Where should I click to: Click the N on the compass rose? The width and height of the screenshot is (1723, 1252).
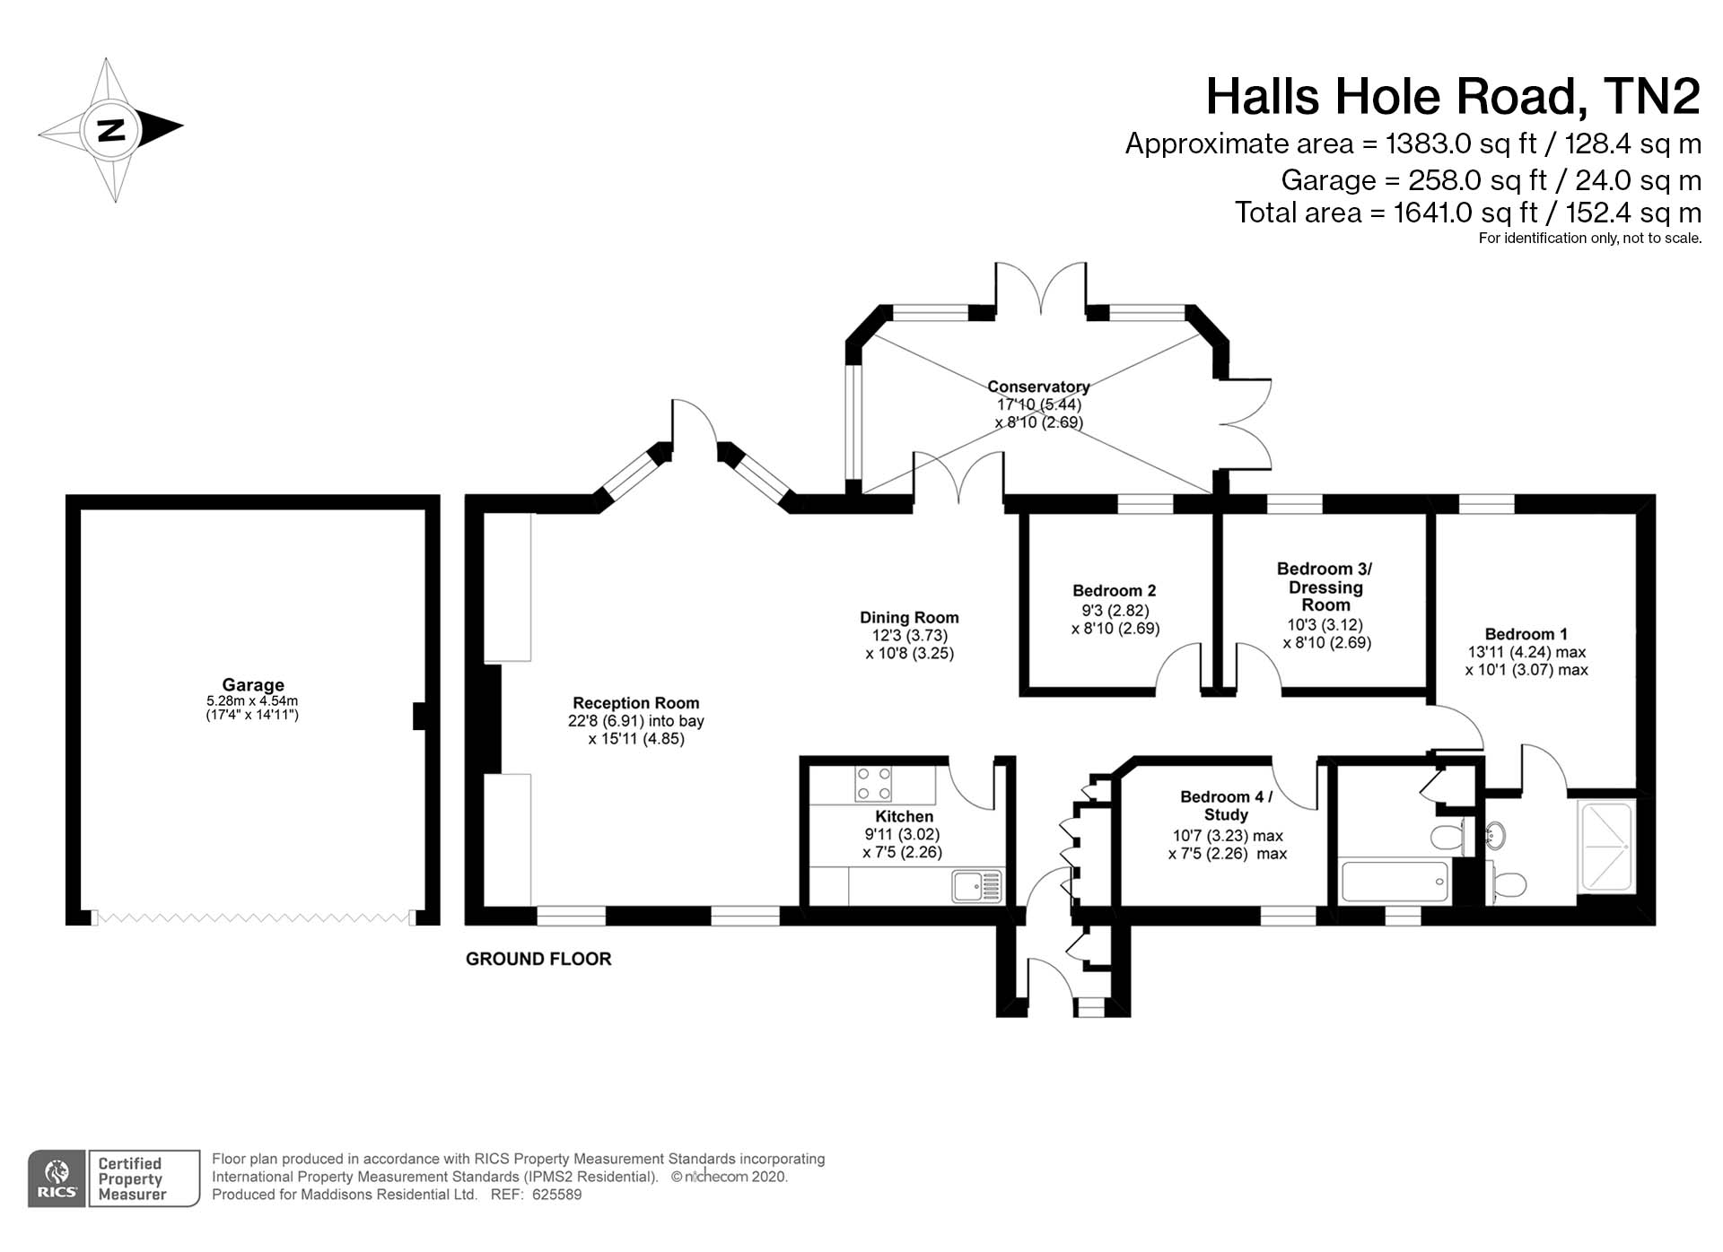[x=111, y=130]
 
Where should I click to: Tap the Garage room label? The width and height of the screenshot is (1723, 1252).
[x=253, y=684]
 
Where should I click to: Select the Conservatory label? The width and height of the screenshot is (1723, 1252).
[x=1038, y=387]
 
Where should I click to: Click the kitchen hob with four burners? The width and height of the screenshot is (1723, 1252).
[x=873, y=783]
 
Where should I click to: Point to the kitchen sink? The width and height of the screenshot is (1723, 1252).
[x=976, y=886]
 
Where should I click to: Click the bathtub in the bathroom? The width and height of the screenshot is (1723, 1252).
[x=1394, y=882]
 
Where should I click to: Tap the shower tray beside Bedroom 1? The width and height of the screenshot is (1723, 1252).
[x=1605, y=847]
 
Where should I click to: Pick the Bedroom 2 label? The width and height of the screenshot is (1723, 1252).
[x=1114, y=590]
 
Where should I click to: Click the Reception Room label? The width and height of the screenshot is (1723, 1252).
[x=635, y=703]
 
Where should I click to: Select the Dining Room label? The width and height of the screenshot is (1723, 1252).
[x=909, y=617]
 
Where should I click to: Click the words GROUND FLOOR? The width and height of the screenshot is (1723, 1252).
[x=538, y=959]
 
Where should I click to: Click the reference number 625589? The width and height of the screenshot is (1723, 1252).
[x=556, y=1195]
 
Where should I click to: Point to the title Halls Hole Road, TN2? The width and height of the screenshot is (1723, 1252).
[x=1452, y=97]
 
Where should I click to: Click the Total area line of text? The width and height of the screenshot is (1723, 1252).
[x=1467, y=213]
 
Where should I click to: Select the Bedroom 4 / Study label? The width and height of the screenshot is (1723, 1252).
[x=1226, y=805]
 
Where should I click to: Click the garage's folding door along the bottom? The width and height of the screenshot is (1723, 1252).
[x=252, y=917]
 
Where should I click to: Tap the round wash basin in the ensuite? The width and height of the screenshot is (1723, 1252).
[x=1495, y=835]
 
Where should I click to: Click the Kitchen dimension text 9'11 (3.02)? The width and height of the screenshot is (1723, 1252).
[x=902, y=834]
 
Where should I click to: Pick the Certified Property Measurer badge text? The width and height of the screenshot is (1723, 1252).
[x=132, y=1178]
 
